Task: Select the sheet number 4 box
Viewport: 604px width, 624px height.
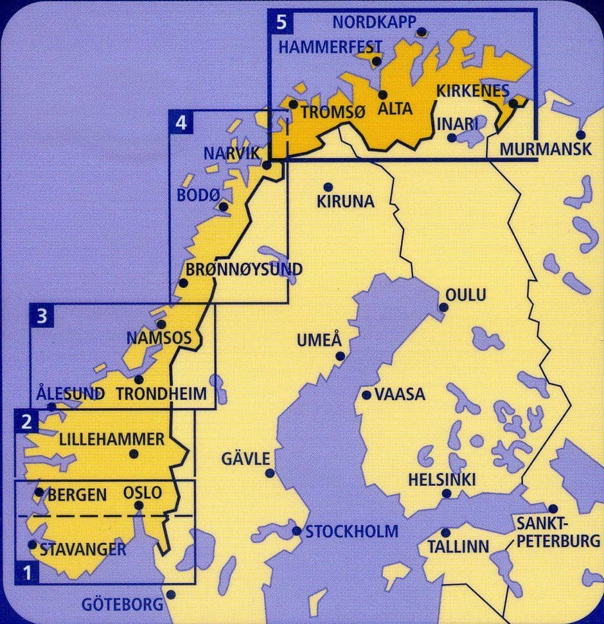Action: point(181,122)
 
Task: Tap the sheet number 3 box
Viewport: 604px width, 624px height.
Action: point(42,316)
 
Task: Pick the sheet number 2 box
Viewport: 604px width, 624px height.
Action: point(26,422)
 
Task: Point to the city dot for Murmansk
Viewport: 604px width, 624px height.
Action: point(580,135)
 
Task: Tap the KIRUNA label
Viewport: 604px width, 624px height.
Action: point(345,202)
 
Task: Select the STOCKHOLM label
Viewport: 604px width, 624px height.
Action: point(351,532)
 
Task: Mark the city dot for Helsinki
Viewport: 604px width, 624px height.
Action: point(447,494)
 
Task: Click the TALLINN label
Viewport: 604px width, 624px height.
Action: point(457,547)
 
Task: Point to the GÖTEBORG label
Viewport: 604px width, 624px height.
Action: point(122,604)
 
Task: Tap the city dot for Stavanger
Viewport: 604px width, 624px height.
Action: point(33,544)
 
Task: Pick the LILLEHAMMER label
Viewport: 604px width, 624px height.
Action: point(112,440)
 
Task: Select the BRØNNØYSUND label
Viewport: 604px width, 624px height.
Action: point(244,270)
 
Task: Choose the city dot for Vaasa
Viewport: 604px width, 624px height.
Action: point(366,395)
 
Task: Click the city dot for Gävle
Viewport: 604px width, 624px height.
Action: point(270,474)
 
